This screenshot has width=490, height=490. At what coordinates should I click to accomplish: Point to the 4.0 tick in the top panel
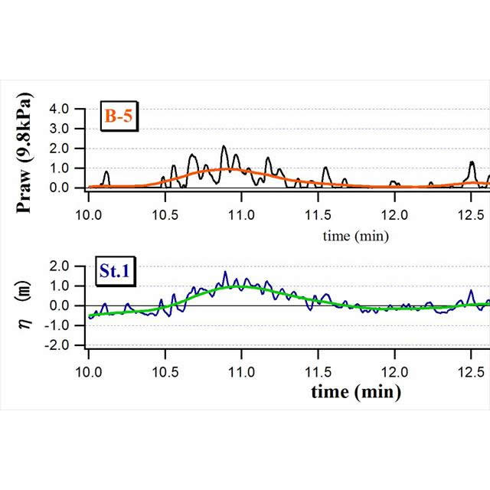tap(60, 109)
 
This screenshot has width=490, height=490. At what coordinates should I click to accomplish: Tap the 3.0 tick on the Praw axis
tap(60, 129)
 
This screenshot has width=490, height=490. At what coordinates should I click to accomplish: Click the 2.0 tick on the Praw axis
tap(60, 149)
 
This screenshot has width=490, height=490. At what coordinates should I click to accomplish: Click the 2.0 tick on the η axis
tap(60, 266)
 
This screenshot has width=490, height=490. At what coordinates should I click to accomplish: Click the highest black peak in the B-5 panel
tap(224, 146)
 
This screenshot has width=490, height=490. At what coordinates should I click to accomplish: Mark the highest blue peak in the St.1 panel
tap(226, 272)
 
